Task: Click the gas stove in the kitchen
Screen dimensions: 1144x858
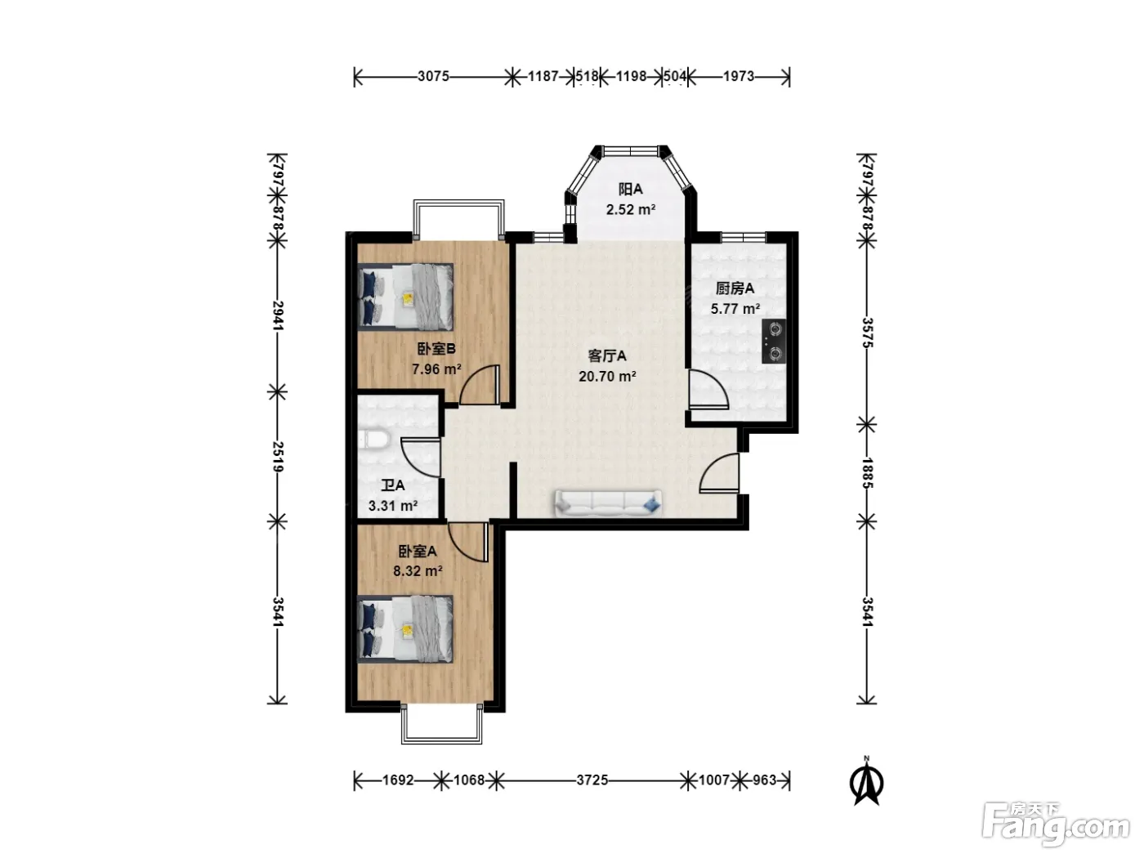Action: click(774, 342)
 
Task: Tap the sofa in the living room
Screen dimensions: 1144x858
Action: click(608, 503)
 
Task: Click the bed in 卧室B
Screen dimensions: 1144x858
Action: click(405, 297)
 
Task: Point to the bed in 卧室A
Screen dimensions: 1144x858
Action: click(405, 628)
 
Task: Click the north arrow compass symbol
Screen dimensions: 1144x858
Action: click(866, 781)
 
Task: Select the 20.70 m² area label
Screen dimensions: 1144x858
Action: click(607, 376)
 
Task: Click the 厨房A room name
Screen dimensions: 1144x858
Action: click(735, 288)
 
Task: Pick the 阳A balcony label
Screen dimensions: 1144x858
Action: click(630, 189)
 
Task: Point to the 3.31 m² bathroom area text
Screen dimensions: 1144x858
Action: click(393, 505)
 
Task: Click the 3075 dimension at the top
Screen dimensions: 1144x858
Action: click(433, 77)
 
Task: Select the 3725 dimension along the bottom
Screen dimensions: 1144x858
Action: click(592, 780)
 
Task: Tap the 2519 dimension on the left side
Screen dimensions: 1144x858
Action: click(278, 456)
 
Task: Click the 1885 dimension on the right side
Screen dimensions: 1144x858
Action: click(867, 472)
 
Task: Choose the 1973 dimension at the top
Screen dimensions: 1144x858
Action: click(739, 77)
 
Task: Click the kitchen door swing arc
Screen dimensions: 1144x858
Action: click(717, 384)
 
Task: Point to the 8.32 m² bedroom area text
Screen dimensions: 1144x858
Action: click(418, 571)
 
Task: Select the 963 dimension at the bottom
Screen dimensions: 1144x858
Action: click(765, 780)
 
